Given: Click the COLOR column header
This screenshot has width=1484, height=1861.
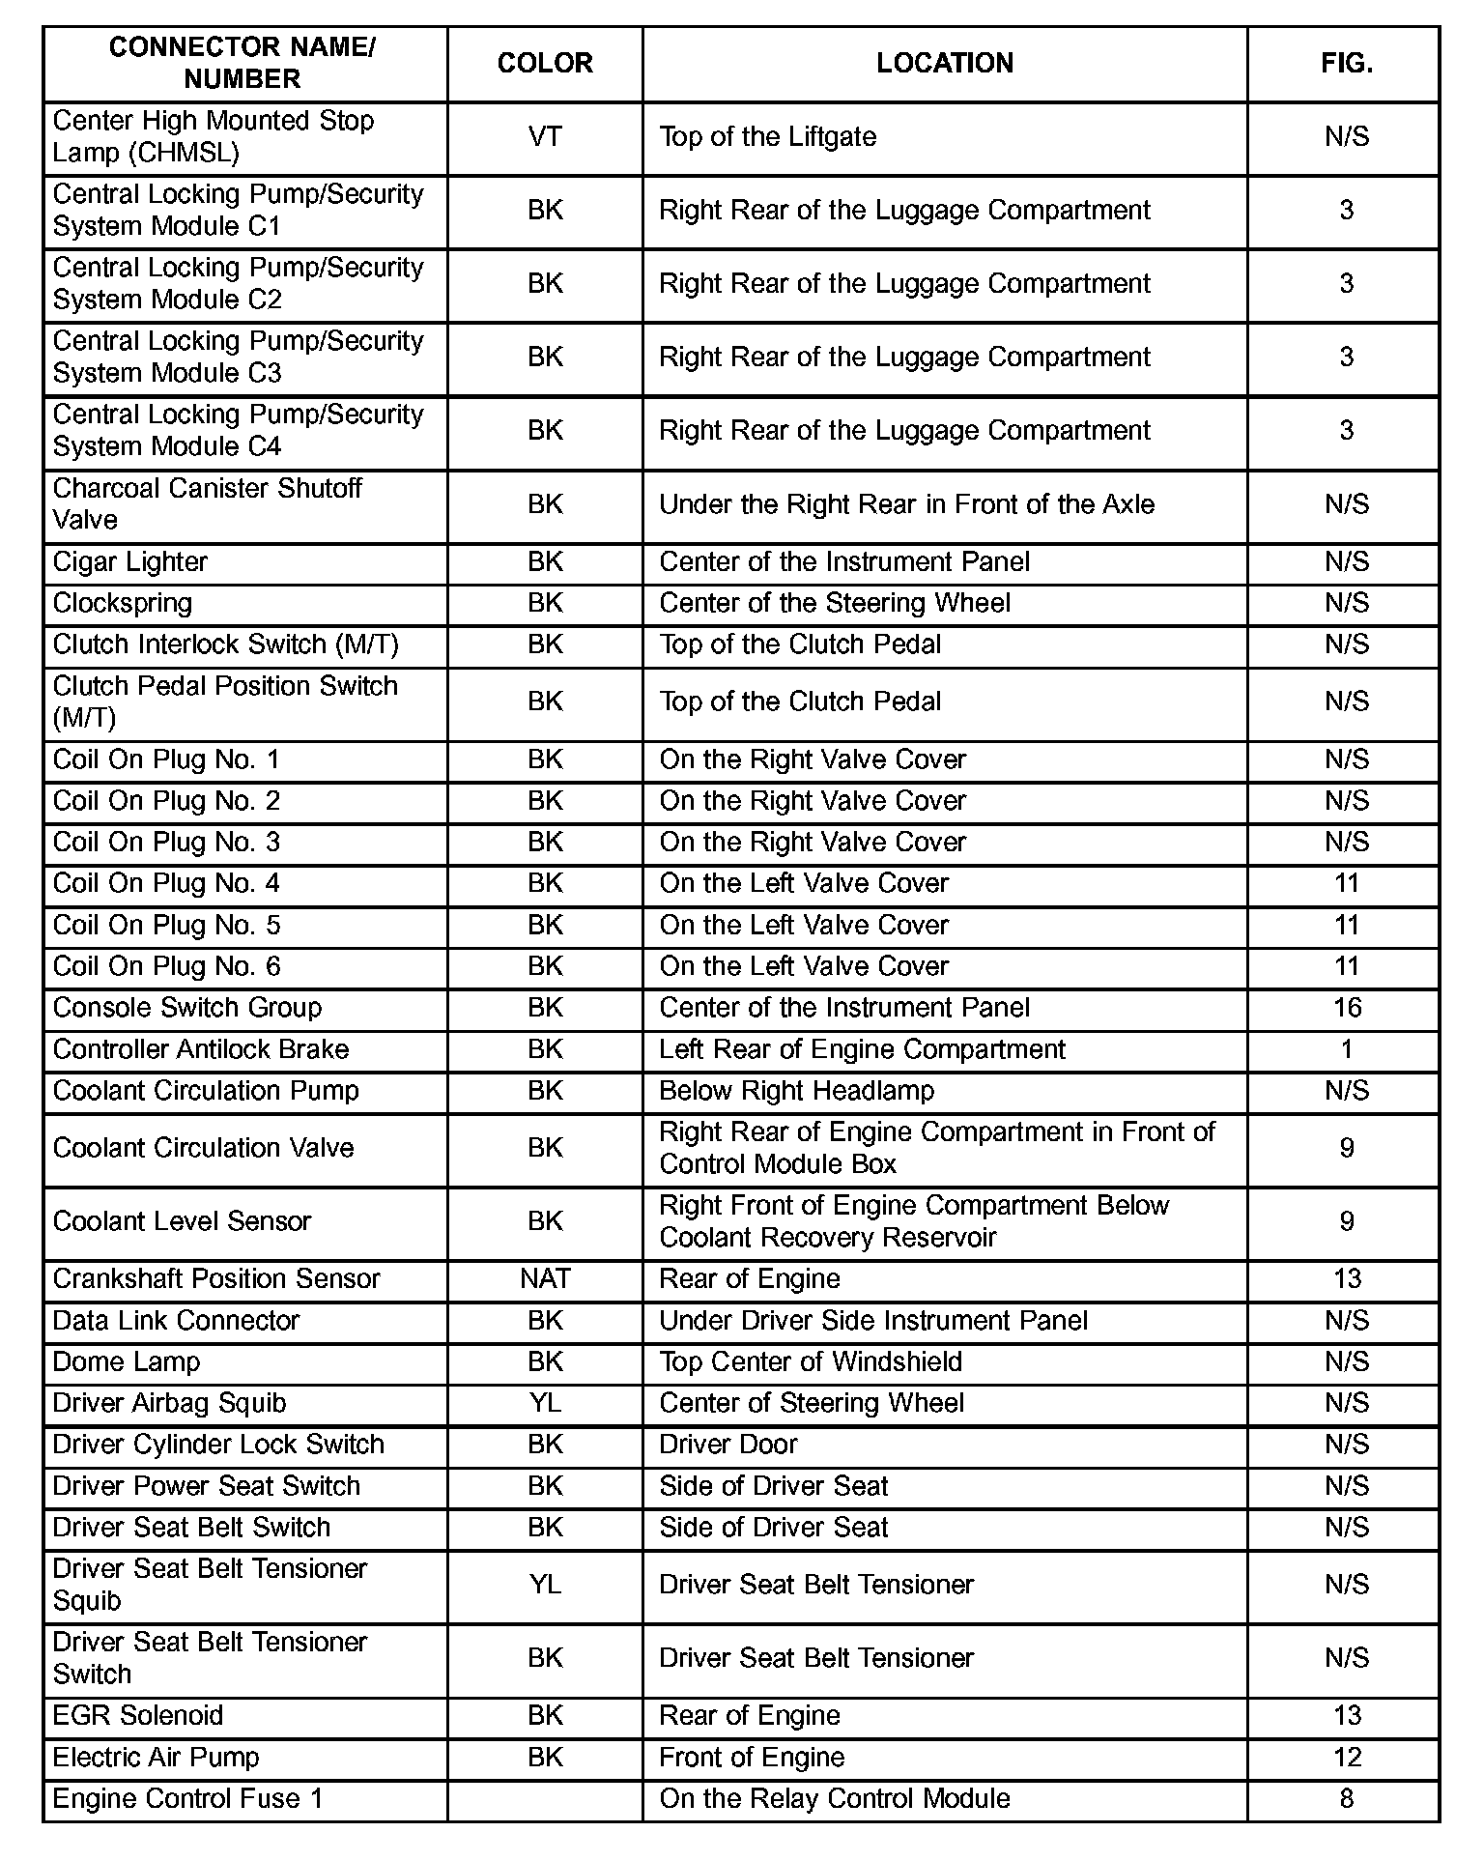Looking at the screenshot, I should coord(545,64).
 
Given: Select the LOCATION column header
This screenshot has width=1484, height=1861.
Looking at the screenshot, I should coord(944,64).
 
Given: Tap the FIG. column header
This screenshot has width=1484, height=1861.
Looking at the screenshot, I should coord(1346,64).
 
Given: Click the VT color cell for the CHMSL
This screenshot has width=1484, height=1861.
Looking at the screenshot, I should coord(545,137).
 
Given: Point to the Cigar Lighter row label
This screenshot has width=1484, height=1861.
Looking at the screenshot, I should coord(130,562).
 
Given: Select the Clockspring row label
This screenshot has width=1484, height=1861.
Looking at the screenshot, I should coord(123,604).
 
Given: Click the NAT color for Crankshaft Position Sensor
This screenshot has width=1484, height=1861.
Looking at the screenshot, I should coord(545,1279).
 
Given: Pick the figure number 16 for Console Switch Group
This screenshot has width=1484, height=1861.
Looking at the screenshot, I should coord(1347,1008).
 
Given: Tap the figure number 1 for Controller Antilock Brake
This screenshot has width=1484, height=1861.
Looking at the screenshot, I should coord(1347,1049).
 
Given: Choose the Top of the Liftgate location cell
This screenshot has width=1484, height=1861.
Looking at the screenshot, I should coord(767,137).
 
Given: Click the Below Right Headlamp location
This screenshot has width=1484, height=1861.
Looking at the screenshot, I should coord(796,1091).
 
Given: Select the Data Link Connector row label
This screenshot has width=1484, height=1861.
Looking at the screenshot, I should coord(176,1321).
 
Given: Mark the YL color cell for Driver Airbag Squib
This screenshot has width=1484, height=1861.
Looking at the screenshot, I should coord(545,1403).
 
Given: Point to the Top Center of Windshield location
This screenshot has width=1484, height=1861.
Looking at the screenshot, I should coord(810,1362).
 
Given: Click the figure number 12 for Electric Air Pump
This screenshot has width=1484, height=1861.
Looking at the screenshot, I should coord(1347,1758).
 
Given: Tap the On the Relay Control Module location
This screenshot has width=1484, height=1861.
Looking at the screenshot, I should coord(834,1799).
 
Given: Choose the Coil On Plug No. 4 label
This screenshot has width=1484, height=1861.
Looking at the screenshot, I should coord(166,884).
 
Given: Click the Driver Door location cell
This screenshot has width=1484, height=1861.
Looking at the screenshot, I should coord(728,1445).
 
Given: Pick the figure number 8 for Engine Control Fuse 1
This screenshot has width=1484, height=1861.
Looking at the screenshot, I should coord(1347,1799).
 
